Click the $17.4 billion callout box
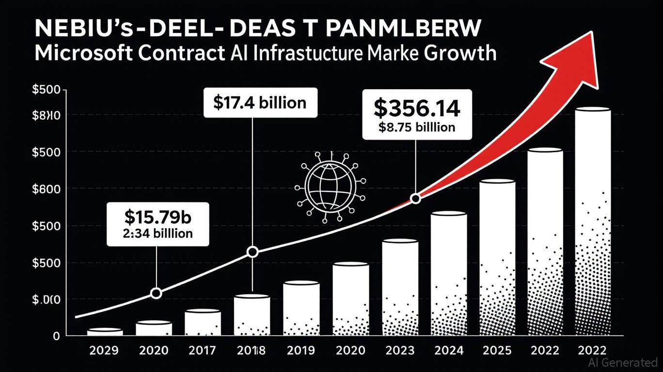pyautogui.click(x=260, y=103)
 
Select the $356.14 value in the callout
pyautogui.click(x=416, y=108)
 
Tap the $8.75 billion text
pyautogui.click(x=416, y=127)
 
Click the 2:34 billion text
pyautogui.click(x=157, y=233)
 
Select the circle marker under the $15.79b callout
pyautogui.click(x=156, y=293)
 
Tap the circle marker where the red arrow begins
pyautogui.click(x=415, y=199)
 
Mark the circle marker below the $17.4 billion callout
pyautogui.click(x=253, y=252)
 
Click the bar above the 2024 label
pyautogui.click(x=449, y=274)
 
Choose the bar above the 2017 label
pyautogui.click(x=203, y=323)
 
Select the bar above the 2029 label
pyautogui.click(x=105, y=332)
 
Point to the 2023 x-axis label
pyautogui.click(x=399, y=350)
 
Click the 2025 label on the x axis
pyautogui.click(x=498, y=350)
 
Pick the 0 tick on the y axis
pyautogui.click(x=56, y=336)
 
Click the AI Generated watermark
pyautogui.click(x=622, y=362)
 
